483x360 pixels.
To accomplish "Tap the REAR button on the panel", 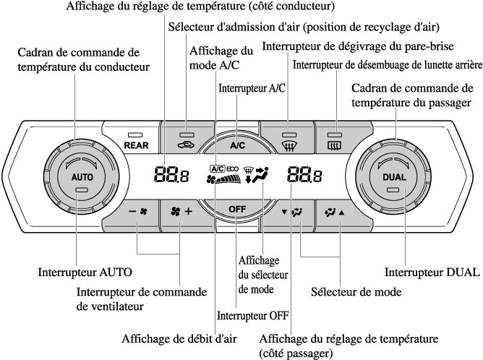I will pos(135,140).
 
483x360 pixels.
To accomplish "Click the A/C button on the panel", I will pos(238,144).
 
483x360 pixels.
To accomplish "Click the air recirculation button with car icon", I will pos(187,140).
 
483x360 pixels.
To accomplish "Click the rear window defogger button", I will pos(334,140).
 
